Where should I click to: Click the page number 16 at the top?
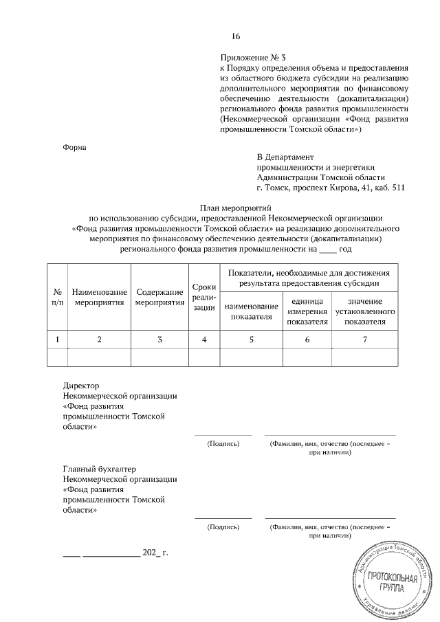click(x=236, y=36)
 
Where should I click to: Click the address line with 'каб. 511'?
click(x=320, y=186)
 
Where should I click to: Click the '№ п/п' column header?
click(x=58, y=298)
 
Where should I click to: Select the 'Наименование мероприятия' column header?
click(x=99, y=298)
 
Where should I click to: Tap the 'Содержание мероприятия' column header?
click(x=159, y=298)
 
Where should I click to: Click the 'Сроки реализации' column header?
click(x=204, y=298)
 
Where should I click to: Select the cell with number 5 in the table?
click(x=251, y=339)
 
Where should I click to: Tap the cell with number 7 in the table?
click(x=364, y=339)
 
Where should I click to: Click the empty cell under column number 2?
click(x=99, y=359)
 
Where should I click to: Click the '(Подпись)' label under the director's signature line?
click(x=223, y=444)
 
